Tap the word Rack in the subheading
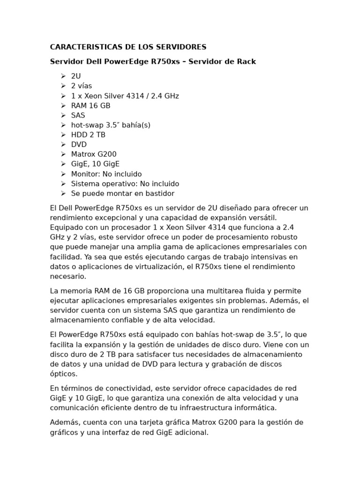(246, 61)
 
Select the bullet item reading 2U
(76, 76)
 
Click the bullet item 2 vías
(82, 86)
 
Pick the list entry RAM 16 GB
(90, 105)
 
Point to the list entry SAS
(78, 115)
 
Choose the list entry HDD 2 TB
(88, 135)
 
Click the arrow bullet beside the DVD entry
(63, 144)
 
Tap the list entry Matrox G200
(94, 154)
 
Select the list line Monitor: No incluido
(106, 174)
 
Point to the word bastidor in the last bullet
(158, 194)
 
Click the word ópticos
(64, 374)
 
